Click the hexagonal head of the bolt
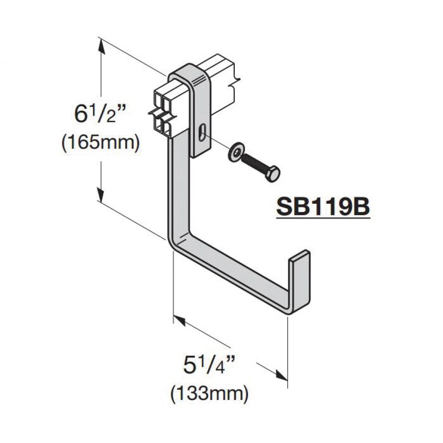272,174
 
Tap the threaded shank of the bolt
253,163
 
